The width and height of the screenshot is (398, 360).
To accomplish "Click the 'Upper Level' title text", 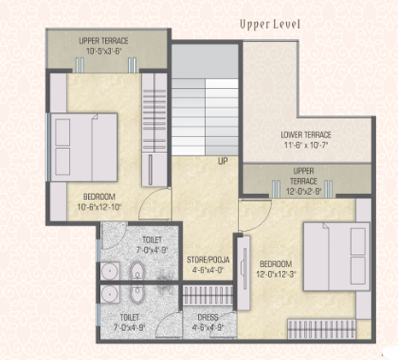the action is [270, 25].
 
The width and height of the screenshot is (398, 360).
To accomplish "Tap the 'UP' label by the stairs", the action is [223, 162].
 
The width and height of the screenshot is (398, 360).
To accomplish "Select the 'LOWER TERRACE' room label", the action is [306, 134].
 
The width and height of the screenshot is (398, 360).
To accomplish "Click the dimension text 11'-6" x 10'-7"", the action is [306, 145].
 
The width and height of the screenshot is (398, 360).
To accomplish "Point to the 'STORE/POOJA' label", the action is [208, 260].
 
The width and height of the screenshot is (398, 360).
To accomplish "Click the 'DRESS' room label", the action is [208, 317].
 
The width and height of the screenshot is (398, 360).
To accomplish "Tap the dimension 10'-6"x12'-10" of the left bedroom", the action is [100, 207].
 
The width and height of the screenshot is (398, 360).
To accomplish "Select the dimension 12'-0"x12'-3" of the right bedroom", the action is [276, 274].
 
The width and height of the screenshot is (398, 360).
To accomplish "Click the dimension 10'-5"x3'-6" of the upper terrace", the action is [104, 51].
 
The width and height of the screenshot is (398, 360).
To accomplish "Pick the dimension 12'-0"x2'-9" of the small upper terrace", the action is [304, 192].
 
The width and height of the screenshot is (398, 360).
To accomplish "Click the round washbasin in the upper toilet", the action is [109, 271].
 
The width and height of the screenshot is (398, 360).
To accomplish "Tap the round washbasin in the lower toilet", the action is [109, 293].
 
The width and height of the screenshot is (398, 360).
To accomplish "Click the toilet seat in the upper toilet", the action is [138, 271].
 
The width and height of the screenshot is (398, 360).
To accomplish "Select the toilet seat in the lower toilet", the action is [138, 294].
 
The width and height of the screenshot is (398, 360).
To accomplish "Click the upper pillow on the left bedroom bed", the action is [63, 133].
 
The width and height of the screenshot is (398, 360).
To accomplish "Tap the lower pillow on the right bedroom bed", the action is [358, 270].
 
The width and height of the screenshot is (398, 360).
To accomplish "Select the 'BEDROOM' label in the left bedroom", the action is [99, 197].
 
